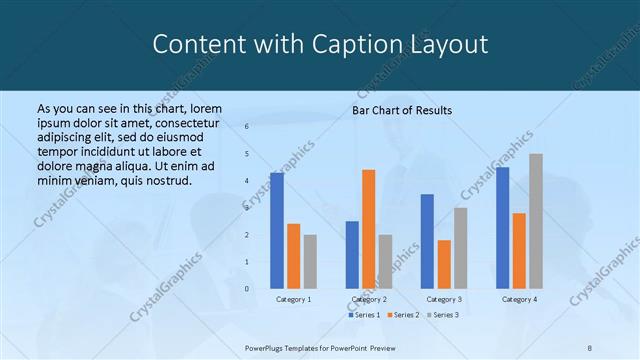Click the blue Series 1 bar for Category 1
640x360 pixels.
[x=277, y=231]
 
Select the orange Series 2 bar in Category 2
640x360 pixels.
[x=368, y=229]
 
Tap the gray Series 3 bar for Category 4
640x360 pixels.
[x=536, y=221]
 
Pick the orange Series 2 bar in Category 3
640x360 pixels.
[x=444, y=264]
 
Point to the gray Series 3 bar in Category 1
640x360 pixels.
[x=310, y=262]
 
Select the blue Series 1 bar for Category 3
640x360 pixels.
[x=427, y=241]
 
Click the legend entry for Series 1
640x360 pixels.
[x=364, y=315]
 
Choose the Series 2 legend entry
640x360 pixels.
[x=402, y=315]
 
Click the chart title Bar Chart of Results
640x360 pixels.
[x=402, y=110]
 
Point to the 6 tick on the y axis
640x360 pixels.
[x=246, y=127]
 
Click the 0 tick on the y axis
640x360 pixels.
[x=246, y=289]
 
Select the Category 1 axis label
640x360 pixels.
[x=293, y=299]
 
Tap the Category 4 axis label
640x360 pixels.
[x=519, y=299]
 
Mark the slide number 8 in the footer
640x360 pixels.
[x=589, y=348]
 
